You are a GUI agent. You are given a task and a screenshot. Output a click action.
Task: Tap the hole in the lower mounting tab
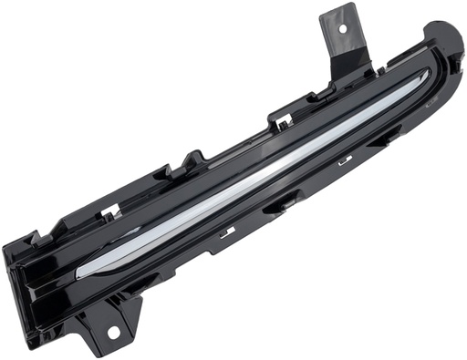pyautogui.click(x=113, y=332)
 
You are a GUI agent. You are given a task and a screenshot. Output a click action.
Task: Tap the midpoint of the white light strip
pyautogui.click(x=255, y=173)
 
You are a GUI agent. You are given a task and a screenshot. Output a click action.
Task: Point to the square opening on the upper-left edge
pyautogui.click(x=110, y=211)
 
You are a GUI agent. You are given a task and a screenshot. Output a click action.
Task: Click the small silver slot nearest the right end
pyautogui.click(x=345, y=161)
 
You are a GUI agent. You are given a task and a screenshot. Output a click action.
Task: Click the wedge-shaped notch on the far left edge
pyautogui.click(x=36, y=239)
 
